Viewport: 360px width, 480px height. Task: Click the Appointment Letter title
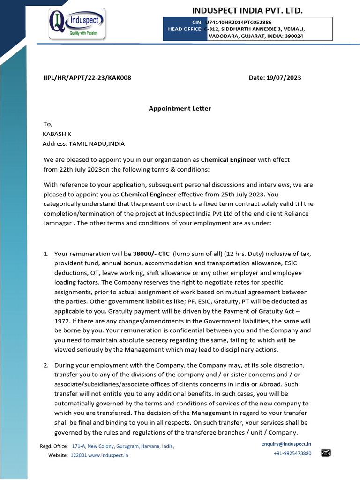pyautogui.click(x=180, y=108)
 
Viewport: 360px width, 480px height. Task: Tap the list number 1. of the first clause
pyautogui.click(x=46, y=254)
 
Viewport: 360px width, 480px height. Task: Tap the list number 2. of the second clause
pyautogui.click(x=46, y=365)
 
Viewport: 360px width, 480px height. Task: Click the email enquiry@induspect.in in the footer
pyautogui.click(x=286, y=443)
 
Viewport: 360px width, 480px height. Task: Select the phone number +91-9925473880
pyautogui.click(x=292, y=453)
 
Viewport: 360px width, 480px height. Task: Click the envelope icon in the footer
pyautogui.click(x=326, y=453)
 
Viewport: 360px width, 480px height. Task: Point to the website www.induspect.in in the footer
pyautogui.click(x=108, y=455)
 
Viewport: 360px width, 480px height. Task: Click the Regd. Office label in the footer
pyautogui.click(x=54, y=446)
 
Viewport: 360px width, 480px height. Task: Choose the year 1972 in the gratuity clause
pyautogui.click(x=62, y=322)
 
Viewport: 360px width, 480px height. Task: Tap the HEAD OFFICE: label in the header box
pyautogui.click(x=185, y=29)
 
